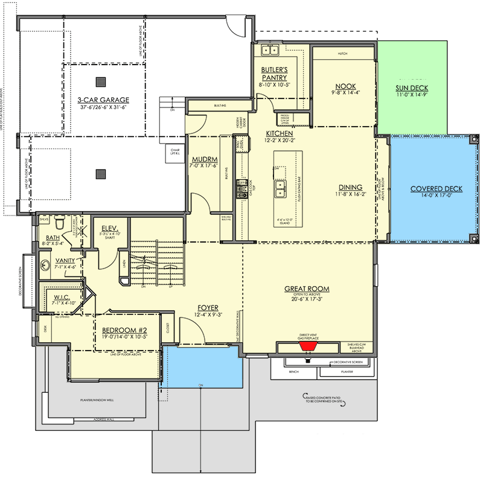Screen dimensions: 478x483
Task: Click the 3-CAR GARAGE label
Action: coord(103,100)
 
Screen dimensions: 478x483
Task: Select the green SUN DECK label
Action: coord(413,88)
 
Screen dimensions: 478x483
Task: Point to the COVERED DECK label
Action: coord(436,188)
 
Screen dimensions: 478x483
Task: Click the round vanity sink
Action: coord(46,264)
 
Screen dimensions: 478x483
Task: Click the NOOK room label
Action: coord(342,86)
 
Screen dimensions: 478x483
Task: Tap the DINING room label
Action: coord(350,187)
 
